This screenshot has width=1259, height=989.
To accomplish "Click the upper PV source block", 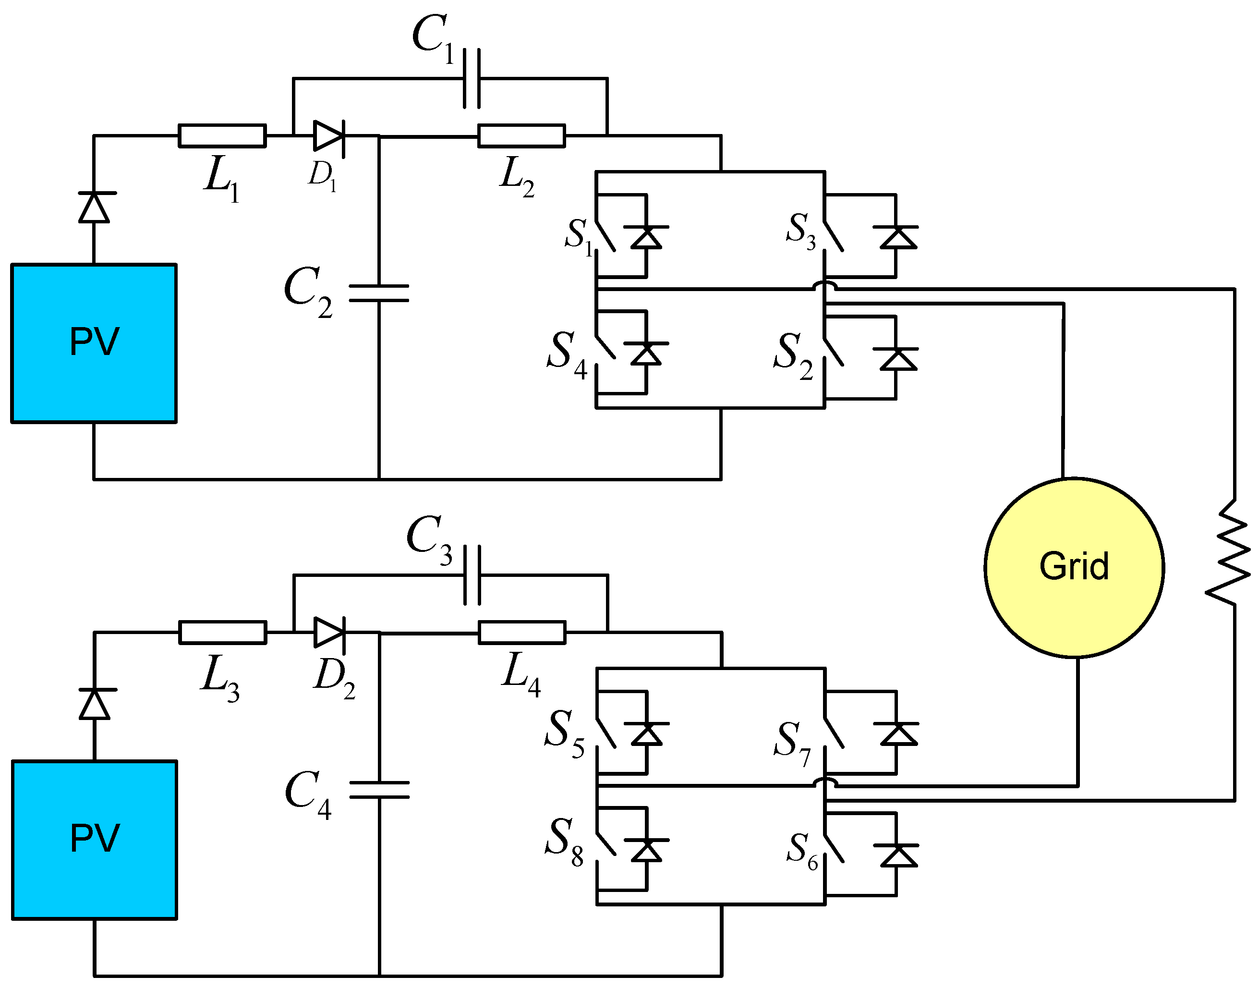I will click(x=94, y=343).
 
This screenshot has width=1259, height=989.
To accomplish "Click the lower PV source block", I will click(x=94, y=840).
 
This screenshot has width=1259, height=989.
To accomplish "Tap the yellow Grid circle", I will click(x=1074, y=567).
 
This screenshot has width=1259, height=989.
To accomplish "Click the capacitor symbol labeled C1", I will click(x=471, y=78).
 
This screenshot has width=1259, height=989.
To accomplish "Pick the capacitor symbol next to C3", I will click(x=472, y=575).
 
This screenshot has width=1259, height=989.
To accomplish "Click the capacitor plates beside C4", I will click(x=379, y=790).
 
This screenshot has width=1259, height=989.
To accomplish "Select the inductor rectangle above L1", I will click(x=222, y=135).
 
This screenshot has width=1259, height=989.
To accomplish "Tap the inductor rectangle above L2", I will click(x=521, y=135).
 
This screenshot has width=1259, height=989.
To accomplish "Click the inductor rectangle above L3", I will click(x=222, y=632).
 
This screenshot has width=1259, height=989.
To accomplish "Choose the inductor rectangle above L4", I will click(x=521, y=632).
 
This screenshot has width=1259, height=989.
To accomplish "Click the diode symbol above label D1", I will click(x=328, y=136).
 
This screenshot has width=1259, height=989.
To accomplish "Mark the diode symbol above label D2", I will click(x=329, y=632).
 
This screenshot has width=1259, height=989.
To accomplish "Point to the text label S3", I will click(x=800, y=230).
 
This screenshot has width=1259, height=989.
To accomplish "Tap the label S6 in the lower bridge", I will click(x=802, y=851).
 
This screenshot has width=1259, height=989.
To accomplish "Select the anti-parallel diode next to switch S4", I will click(x=645, y=353).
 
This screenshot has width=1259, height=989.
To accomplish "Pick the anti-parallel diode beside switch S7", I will click(x=896, y=734).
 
